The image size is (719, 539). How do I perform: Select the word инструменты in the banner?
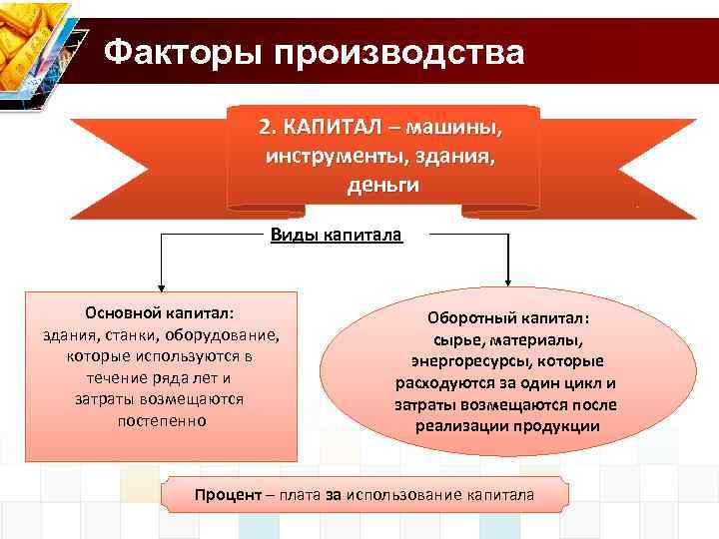click(324, 157)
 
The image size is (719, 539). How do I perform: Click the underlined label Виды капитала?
click(335, 236)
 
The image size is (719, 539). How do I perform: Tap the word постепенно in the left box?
click(160, 421)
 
